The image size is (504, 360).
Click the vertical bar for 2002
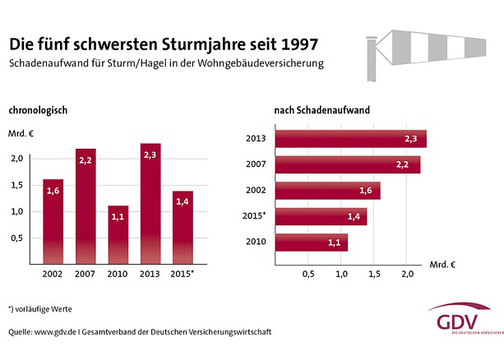coord(53,222)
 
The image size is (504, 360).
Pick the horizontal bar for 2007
coord(347,164)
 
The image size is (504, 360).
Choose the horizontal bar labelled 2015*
coord(321,217)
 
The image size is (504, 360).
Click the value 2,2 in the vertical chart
coord(86,161)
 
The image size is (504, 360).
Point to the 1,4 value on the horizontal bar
coord(354,217)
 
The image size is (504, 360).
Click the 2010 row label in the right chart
coord(257,242)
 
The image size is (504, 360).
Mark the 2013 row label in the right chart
coord(257,138)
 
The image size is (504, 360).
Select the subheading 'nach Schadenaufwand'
coord(321,109)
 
